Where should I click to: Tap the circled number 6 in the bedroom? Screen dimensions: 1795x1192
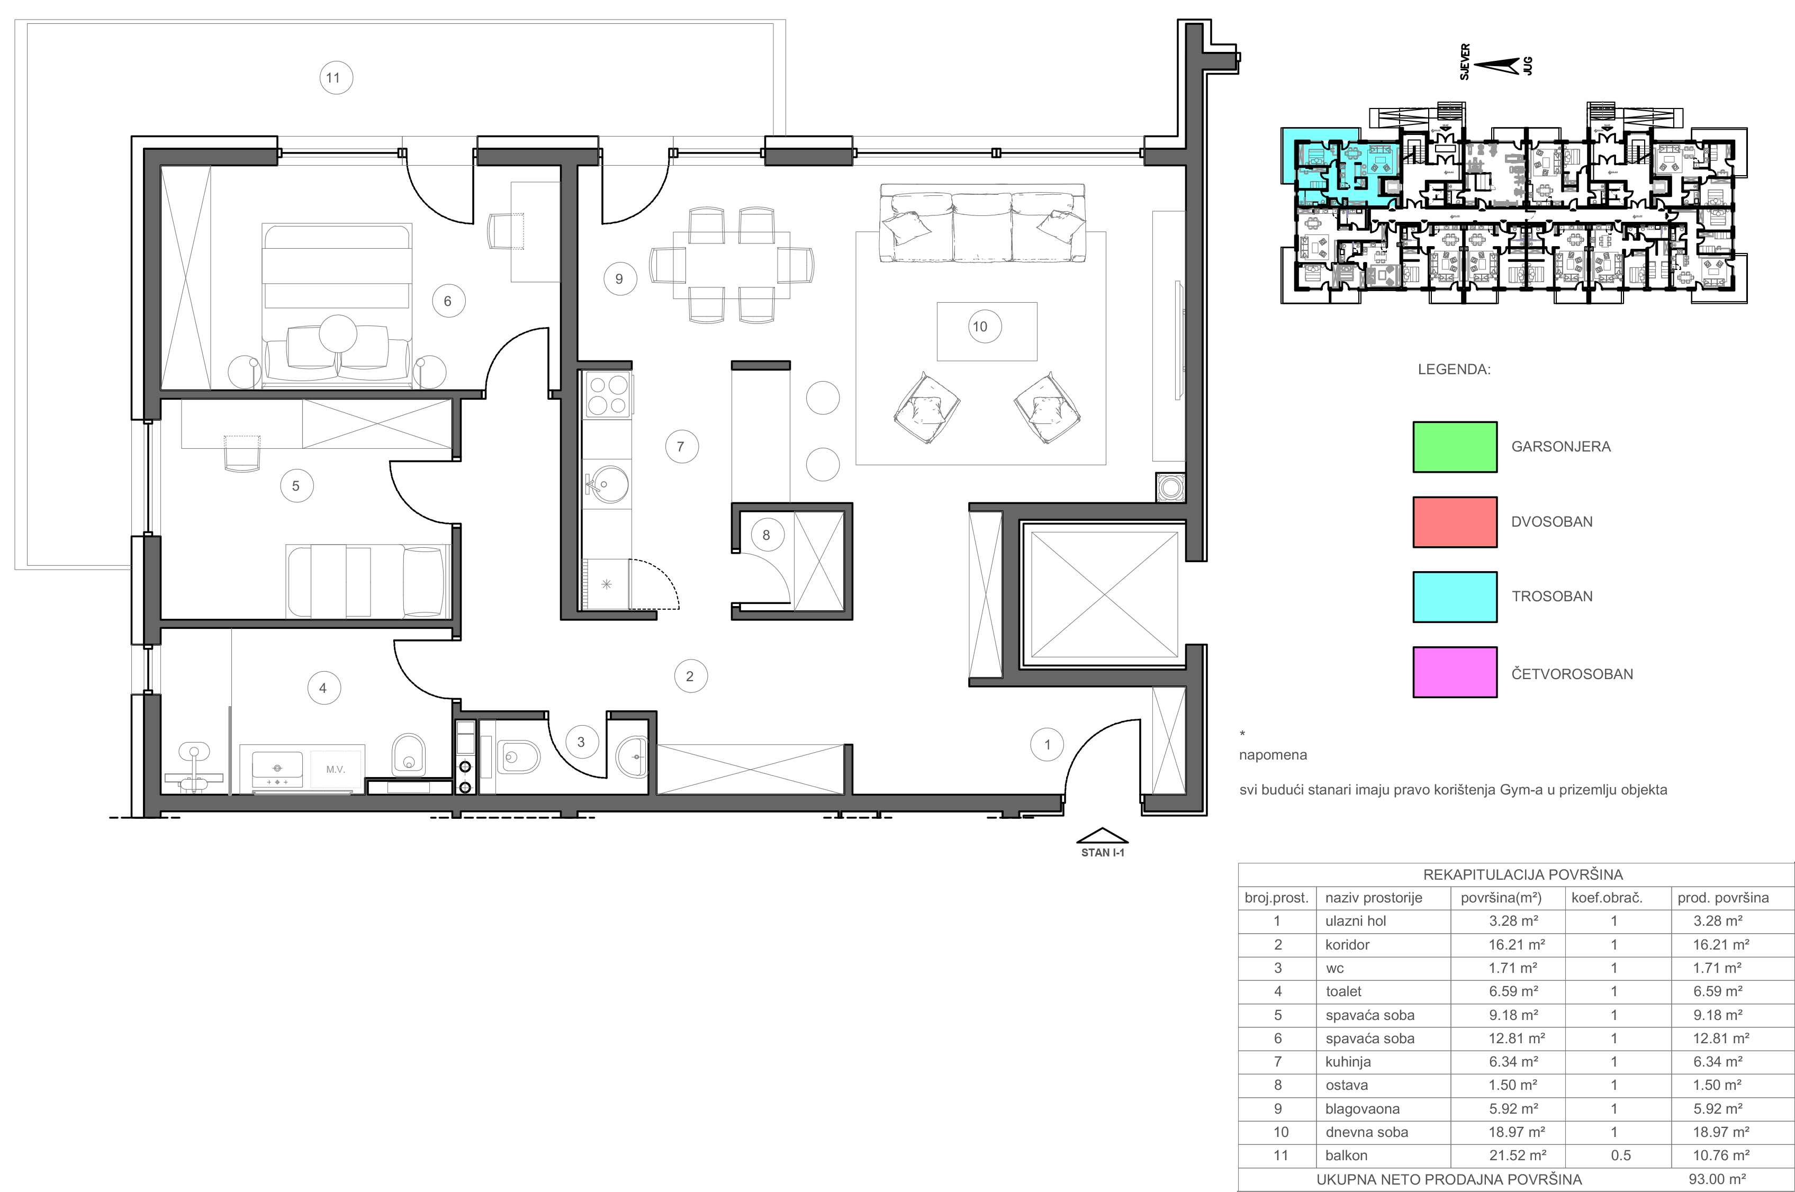(448, 301)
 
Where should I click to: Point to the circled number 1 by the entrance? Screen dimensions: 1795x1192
(1048, 744)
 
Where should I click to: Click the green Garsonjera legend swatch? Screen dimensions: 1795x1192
(1455, 447)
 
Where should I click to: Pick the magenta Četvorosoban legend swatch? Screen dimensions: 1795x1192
(1455, 672)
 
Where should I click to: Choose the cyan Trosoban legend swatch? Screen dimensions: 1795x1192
(1455, 597)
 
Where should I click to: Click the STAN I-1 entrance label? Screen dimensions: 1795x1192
(1103, 853)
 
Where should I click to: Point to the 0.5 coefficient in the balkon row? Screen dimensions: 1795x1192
(1620, 1155)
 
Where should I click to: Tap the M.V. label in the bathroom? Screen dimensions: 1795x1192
(335, 769)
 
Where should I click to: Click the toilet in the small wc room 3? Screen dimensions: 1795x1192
(519, 756)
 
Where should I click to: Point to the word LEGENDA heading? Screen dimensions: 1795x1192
(1454, 369)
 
